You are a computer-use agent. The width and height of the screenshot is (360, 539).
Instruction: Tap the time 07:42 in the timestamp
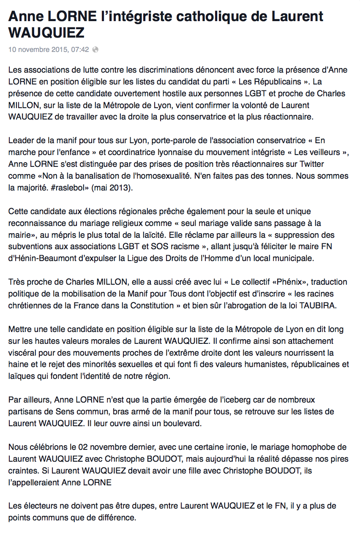[80, 49]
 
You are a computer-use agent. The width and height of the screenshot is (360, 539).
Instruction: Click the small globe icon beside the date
[95, 49]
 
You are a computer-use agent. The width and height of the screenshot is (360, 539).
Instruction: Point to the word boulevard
[176, 423]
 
